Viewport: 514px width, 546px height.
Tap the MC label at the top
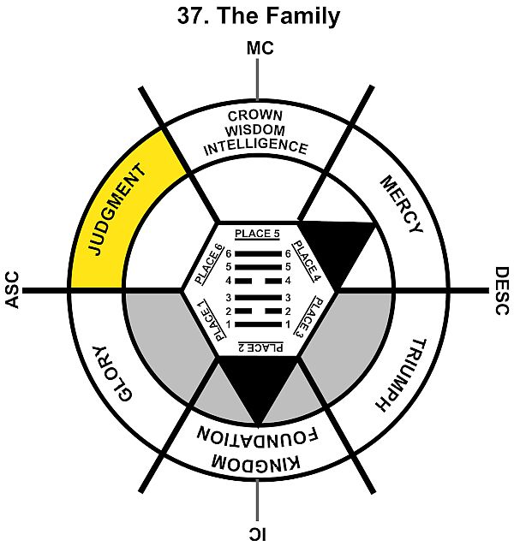259,49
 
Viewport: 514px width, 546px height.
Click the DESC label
503,291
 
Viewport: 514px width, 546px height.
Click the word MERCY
400,205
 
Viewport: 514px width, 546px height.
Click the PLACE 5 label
257,234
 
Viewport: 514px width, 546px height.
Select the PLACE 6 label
208,264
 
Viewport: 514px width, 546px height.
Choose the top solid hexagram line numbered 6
257,254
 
